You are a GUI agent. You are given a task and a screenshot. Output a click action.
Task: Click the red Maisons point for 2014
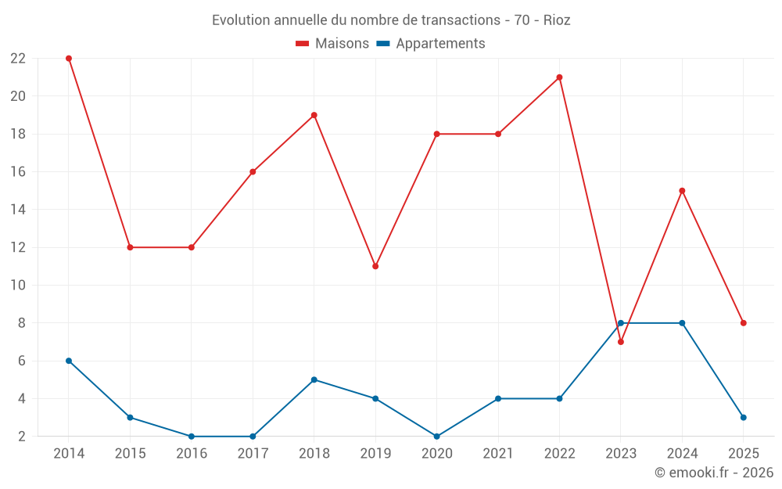coord(69,59)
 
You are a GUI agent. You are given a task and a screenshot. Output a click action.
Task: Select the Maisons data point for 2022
coord(559,77)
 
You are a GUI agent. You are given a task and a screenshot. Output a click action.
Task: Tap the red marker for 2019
coord(375,267)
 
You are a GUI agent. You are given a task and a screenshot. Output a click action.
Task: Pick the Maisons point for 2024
coord(682,191)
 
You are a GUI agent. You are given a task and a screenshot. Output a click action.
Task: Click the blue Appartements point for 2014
coord(69,361)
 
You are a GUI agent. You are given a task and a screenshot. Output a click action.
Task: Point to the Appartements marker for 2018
coord(314,379)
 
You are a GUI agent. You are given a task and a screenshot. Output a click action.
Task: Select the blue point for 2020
coord(436,437)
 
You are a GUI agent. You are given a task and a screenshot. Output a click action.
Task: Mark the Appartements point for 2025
coord(744,418)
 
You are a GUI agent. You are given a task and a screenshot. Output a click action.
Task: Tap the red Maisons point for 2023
coord(621,342)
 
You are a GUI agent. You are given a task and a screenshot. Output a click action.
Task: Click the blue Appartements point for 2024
coord(682,323)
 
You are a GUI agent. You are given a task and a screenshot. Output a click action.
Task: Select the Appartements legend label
coord(439,44)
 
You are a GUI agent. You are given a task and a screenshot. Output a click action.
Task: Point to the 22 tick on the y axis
coord(18,59)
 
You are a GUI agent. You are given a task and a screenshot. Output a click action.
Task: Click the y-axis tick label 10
coord(18,286)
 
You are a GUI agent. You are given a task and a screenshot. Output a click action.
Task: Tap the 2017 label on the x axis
coord(253,454)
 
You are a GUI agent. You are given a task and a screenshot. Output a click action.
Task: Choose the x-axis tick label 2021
coord(498,454)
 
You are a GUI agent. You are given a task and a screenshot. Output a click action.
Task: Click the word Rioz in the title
coord(556,20)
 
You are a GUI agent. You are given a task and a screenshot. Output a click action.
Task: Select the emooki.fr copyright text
coord(713,473)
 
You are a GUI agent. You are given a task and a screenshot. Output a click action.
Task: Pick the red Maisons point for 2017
coord(253,172)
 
